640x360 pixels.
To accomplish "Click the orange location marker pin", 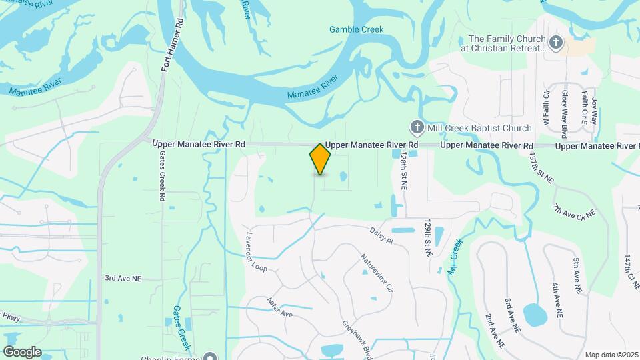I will (320, 159).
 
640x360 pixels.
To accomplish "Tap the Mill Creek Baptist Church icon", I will (417, 127).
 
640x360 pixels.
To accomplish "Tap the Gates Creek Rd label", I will (162, 176).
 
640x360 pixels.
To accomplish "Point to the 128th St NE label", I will (403, 170).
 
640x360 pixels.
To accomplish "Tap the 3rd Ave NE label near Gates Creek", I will (123, 277).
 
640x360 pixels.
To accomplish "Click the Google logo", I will (22, 351).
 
